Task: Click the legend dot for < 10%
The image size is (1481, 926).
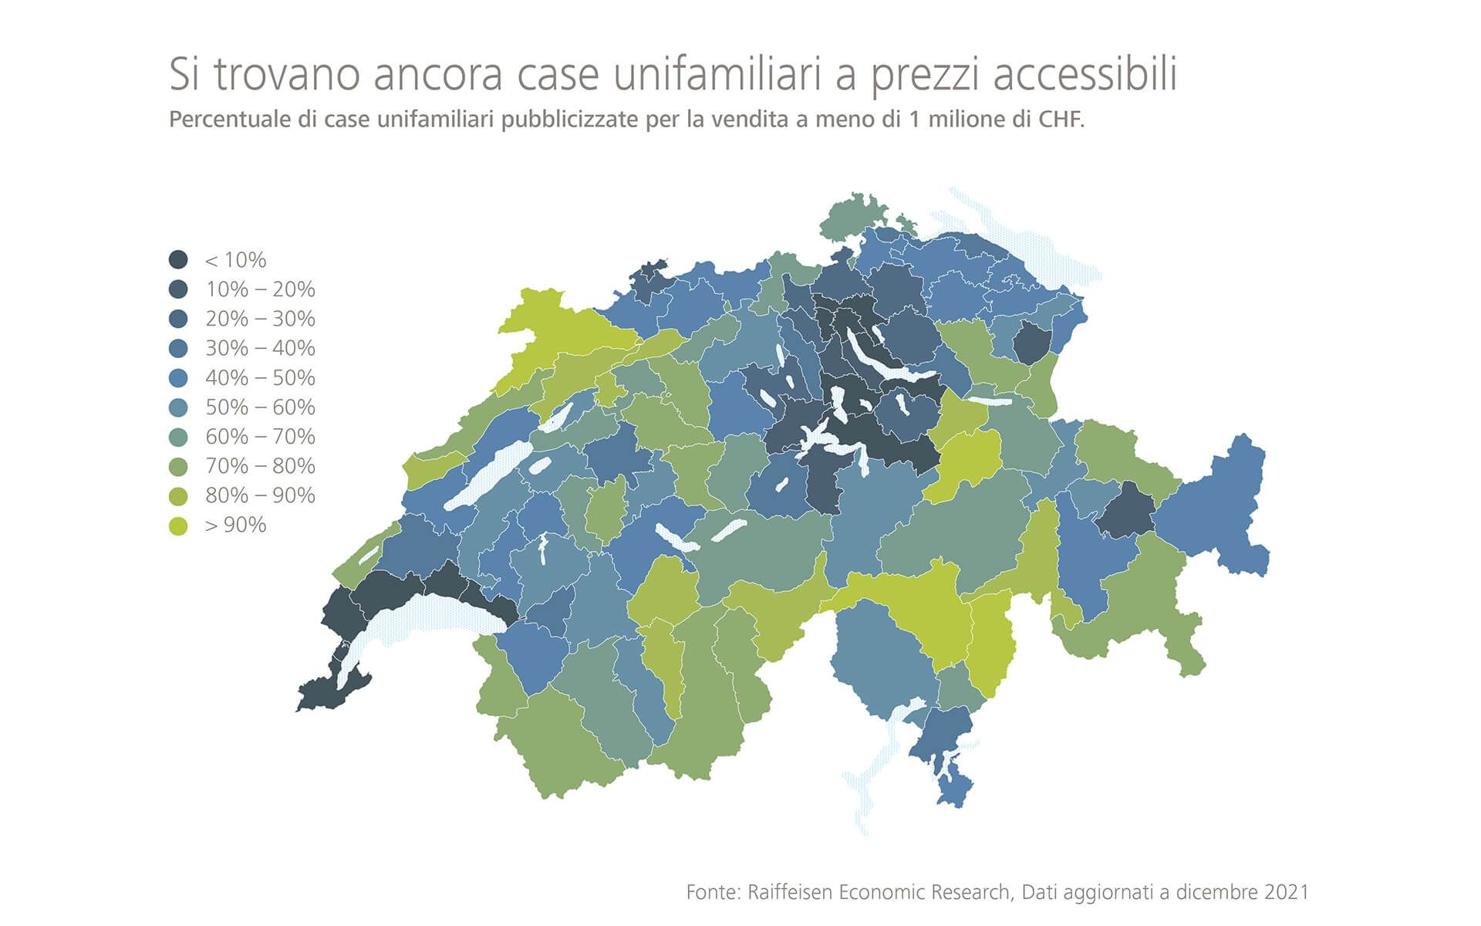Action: (x=178, y=260)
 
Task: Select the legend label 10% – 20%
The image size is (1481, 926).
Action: (x=260, y=289)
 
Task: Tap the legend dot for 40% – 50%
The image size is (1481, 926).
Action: (x=178, y=378)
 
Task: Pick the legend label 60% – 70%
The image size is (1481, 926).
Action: (x=260, y=437)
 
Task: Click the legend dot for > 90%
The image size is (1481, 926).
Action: (x=178, y=526)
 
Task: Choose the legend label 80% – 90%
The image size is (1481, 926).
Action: (x=260, y=495)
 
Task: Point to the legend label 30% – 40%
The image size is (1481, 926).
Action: (x=260, y=349)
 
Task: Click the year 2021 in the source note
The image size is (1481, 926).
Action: (x=1286, y=892)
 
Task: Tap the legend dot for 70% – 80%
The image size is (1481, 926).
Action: (x=178, y=466)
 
